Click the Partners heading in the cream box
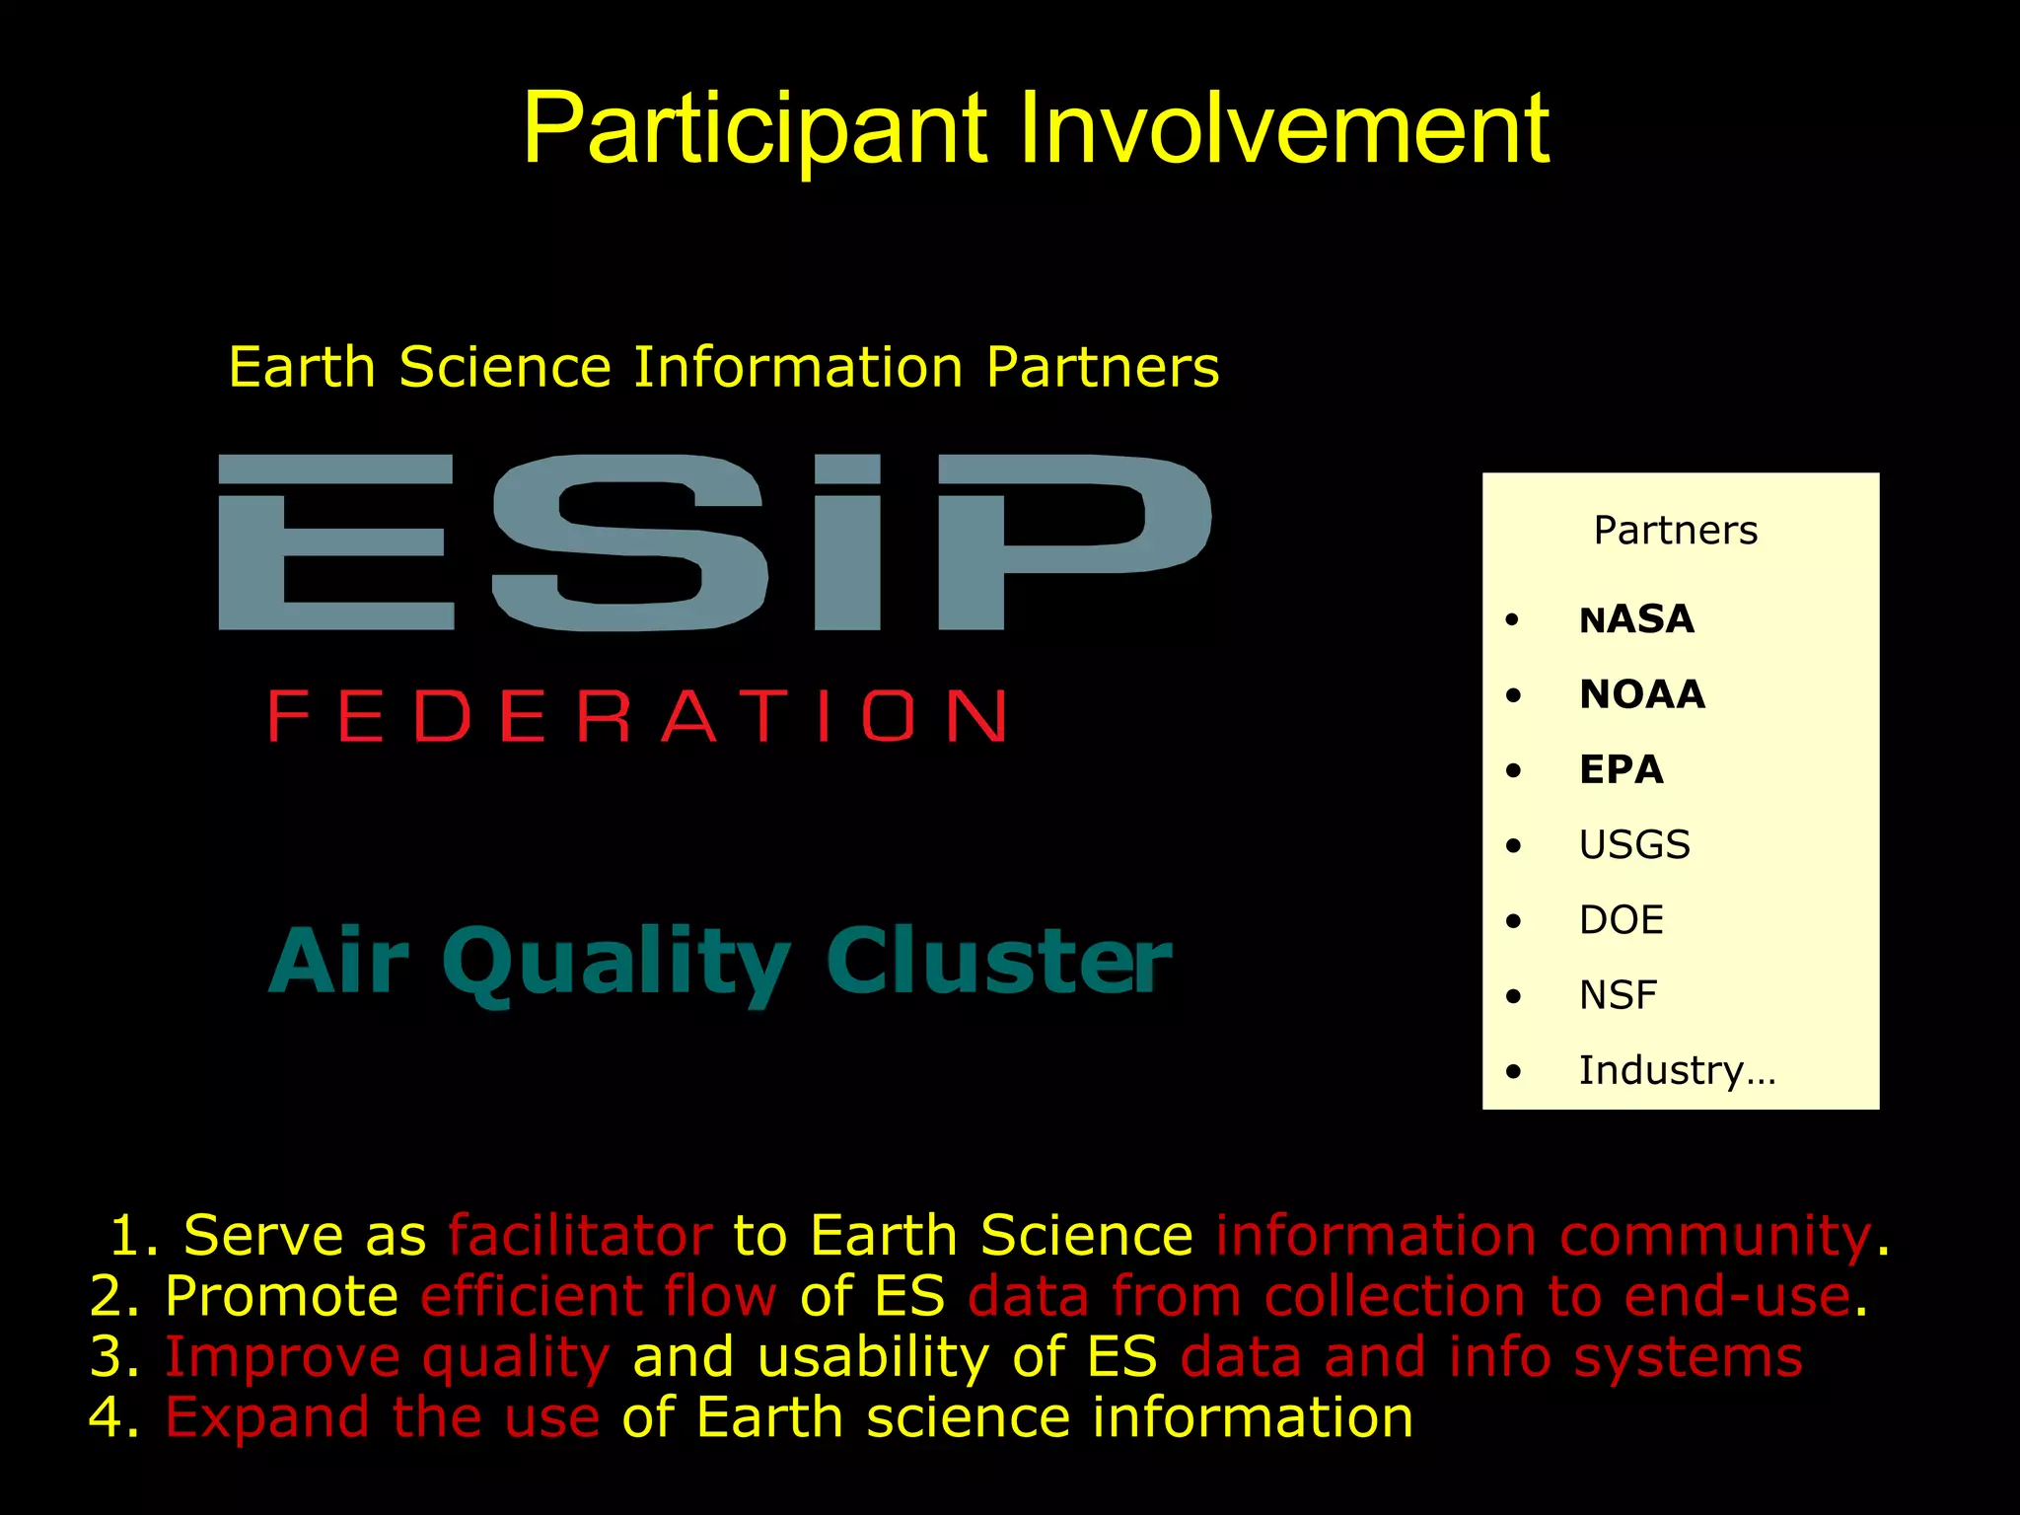tap(1675, 531)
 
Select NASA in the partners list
tap(1636, 620)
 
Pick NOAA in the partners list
tap(1641, 695)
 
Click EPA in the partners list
tap(1621, 770)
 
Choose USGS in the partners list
tap(1634, 845)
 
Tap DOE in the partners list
tap(1621, 920)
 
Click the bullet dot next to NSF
tap(1514, 996)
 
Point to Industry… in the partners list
tap(1677, 1070)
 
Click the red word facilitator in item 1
tap(579, 1236)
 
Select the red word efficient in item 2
tap(530, 1296)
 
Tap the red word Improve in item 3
tap(281, 1357)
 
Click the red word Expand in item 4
tap(267, 1417)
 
